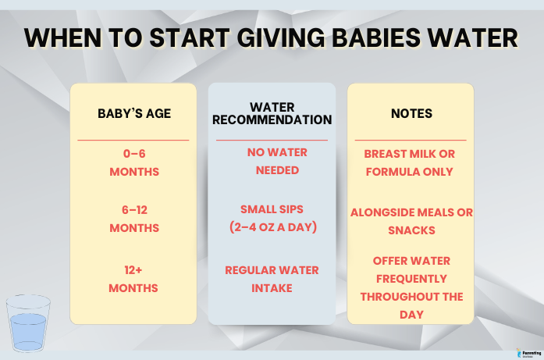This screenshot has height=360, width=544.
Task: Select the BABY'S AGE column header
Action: coord(134,113)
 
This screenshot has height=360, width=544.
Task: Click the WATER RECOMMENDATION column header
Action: coord(272,113)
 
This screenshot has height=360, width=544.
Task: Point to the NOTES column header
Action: coord(411,113)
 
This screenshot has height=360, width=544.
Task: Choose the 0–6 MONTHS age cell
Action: coord(134,162)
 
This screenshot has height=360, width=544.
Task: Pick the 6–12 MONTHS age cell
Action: coord(134,219)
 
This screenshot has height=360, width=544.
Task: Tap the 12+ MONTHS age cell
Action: coord(134,279)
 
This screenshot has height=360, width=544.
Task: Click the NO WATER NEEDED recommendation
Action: coord(272,161)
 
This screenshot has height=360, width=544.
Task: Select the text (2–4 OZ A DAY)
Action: coord(272,228)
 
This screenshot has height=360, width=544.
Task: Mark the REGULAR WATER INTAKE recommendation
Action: coord(271,279)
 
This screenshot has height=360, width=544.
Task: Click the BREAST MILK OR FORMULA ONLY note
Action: coord(411,162)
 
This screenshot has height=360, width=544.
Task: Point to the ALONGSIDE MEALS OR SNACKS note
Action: coord(411,221)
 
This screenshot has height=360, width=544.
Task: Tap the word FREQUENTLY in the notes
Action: coord(411,278)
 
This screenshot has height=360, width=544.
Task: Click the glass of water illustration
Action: coord(28,323)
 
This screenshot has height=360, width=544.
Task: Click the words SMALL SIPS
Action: coord(272,210)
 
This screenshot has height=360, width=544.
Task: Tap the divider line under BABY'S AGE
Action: coord(134,140)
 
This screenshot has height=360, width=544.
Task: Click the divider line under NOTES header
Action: coord(411,140)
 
